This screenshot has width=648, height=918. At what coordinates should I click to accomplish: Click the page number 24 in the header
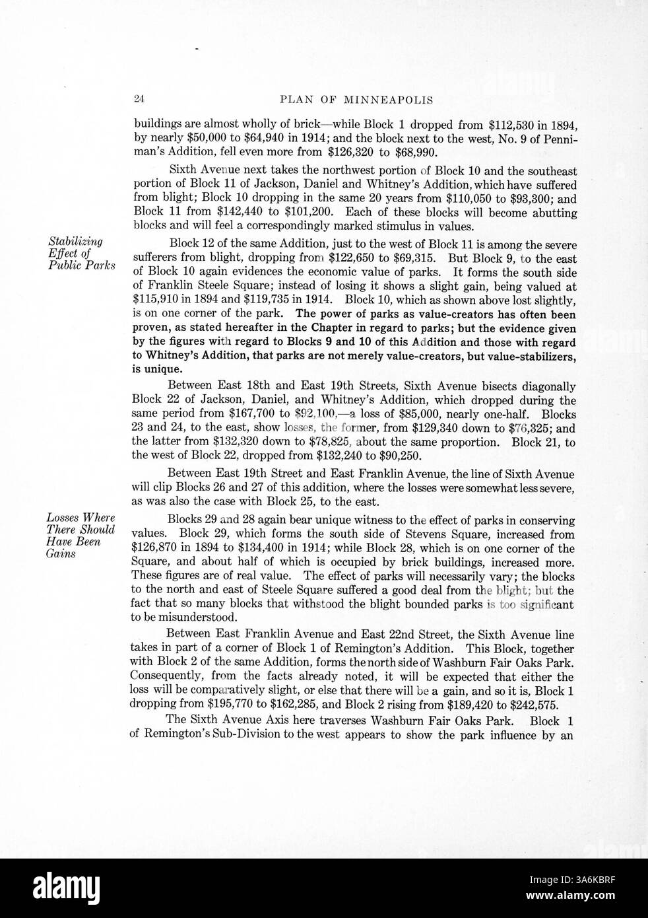pyautogui.click(x=139, y=100)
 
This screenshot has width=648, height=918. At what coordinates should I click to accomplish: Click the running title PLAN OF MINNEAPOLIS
pyautogui.click(x=356, y=100)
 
